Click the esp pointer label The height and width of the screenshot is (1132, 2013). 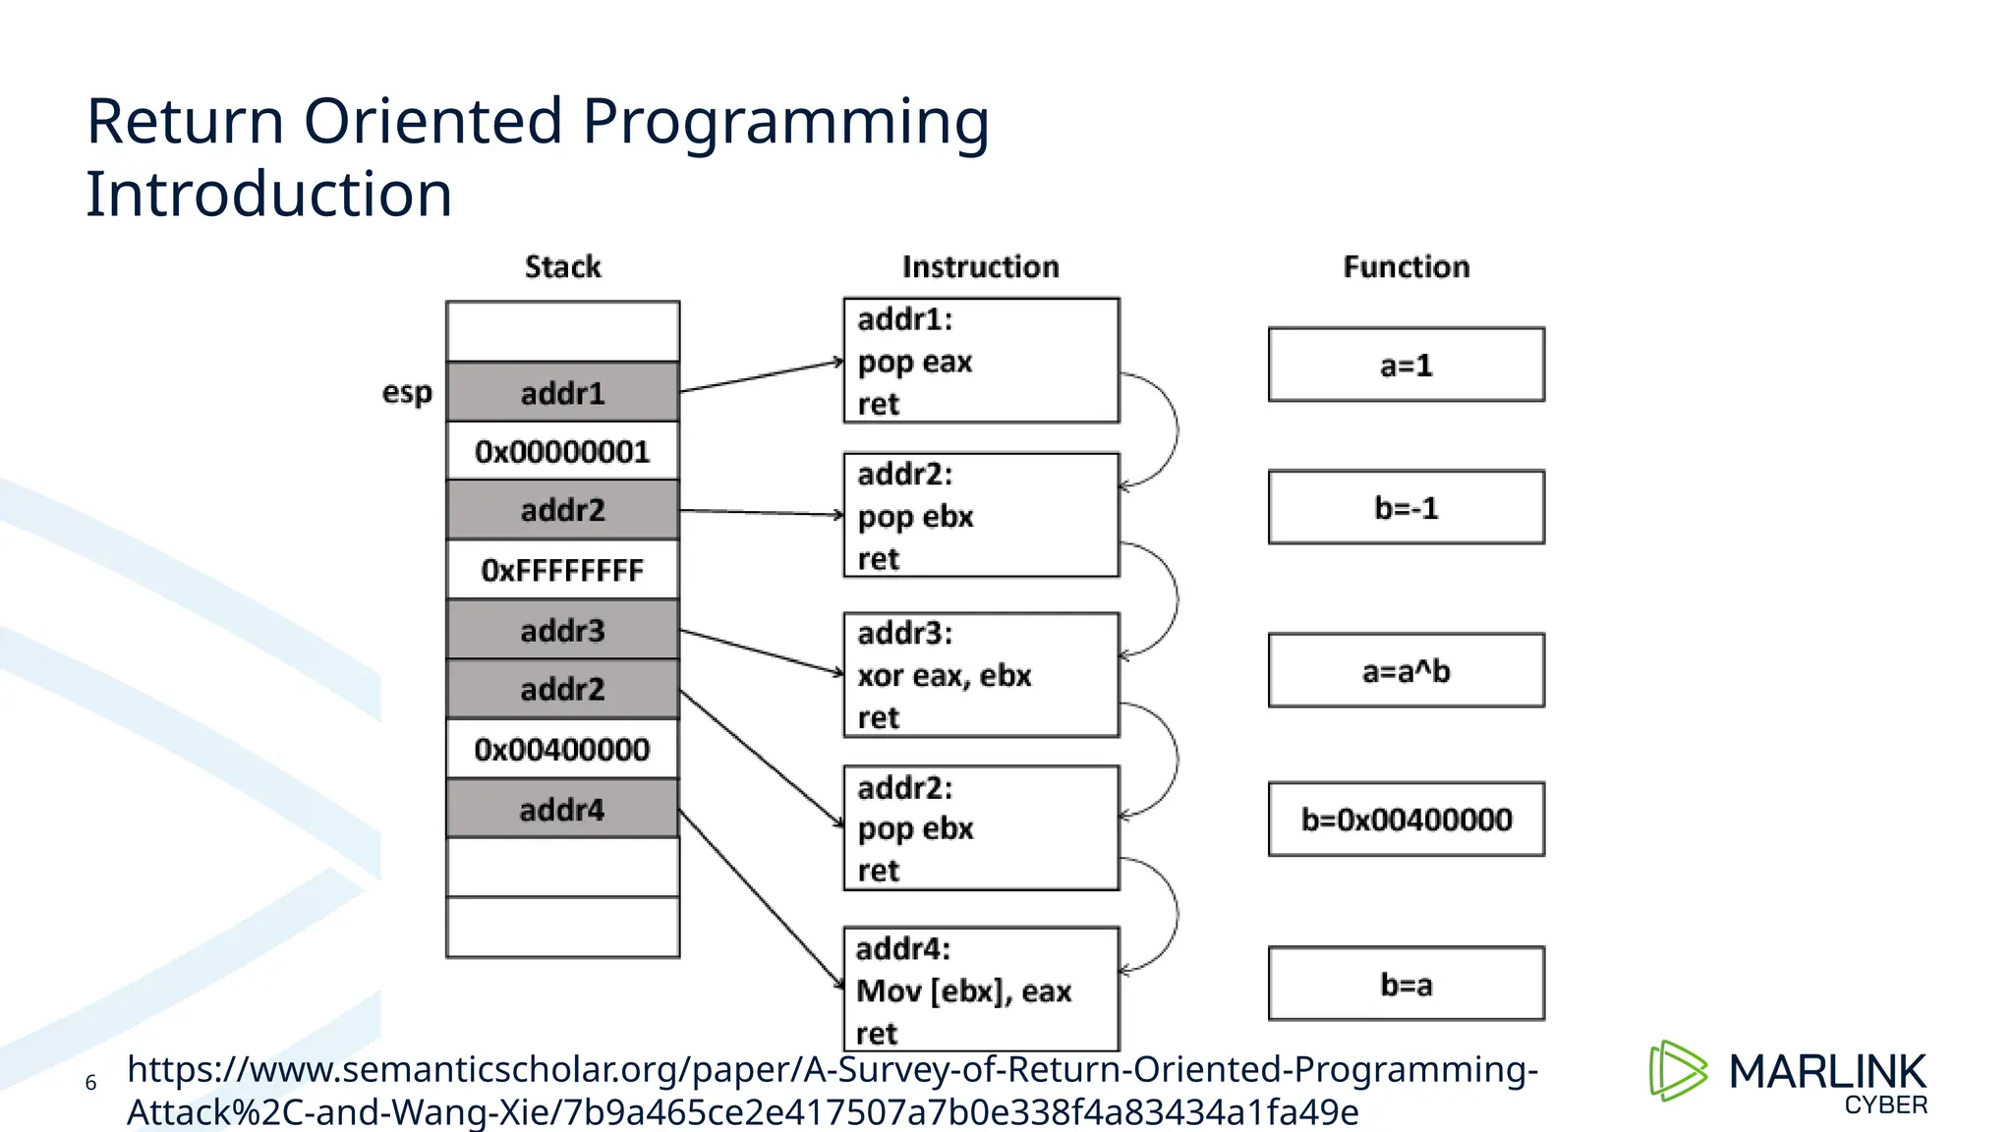[407, 392]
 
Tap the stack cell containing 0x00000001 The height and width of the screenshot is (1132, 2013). [562, 451]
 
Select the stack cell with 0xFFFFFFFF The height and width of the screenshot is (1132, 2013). [562, 570]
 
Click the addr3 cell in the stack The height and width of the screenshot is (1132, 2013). [562, 630]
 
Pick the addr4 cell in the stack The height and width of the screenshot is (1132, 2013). [562, 809]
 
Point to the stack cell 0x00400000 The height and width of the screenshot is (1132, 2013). [562, 749]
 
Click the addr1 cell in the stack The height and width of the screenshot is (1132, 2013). [562, 392]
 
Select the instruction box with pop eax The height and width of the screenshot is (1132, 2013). [981, 361]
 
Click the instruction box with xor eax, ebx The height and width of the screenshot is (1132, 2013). [981, 675]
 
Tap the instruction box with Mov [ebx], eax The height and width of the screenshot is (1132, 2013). [981, 990]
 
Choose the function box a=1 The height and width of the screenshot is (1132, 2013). [1406, 365]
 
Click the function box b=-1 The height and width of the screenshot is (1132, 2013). [1406, 507]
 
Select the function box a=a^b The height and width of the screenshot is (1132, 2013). [1406, 670]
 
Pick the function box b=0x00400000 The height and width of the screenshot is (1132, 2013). [1406, 819]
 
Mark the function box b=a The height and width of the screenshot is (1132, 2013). [1406, 984]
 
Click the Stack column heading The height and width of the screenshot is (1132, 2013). [562, 266]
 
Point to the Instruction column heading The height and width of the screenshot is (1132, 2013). [981, 266]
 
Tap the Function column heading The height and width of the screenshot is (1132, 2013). [1406, 266]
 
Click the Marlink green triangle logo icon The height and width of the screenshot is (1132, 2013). [1677, 1071]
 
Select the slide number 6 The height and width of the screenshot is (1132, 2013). [90, 1083]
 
